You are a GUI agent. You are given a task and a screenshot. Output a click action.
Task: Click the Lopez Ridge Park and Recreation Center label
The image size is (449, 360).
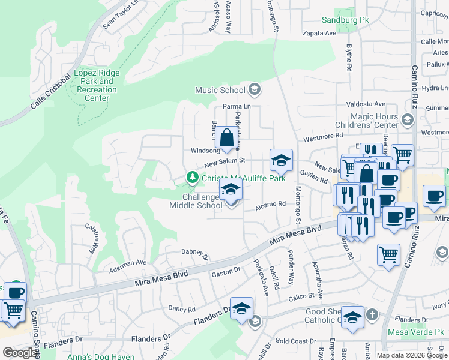coord(97,85)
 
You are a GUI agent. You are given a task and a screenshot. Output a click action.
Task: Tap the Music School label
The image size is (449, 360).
coord(220,91)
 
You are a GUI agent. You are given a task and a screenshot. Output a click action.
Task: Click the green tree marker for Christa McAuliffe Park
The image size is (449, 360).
coord(192,178)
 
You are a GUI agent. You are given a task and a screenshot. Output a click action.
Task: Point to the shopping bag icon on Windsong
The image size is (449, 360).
coord(227,139)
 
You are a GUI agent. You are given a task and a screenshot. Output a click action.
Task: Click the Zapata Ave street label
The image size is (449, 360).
coord(319,34)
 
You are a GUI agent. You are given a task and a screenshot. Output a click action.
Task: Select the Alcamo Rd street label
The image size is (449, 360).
coord(271,204)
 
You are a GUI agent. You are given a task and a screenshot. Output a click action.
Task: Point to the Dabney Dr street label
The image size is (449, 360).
coord(194,254)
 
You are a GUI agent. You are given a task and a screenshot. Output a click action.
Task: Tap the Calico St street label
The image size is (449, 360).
coord(301,296)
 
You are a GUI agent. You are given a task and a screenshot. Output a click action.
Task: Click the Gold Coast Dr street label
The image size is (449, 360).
coord(295,341)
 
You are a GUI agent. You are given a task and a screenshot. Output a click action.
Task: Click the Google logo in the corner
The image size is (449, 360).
coord(19,353)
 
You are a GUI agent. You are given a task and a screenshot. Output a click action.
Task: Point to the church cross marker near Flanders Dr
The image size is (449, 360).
coord(372,314)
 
